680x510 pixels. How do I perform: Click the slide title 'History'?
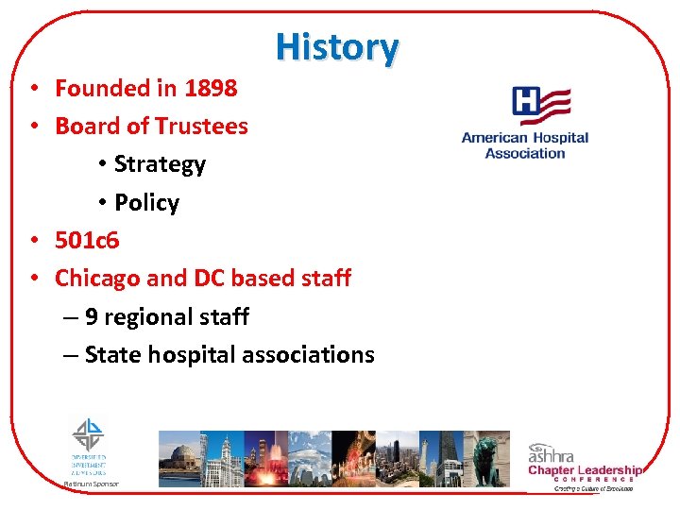pyautogui.click(x=337, y=45)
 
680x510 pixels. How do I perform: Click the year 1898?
pyautogui.click(x=211, y=88)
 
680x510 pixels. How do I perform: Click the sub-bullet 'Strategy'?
pyautogui.click(x=159, y=164)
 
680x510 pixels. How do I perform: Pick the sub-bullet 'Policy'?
pyautogui.click(x=146, y=202)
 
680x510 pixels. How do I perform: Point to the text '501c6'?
pyautogui.click(x=87, y=240)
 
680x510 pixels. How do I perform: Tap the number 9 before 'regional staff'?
pyautogui.click(x=92, y=316)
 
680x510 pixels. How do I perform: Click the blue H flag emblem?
pyautogui.click(x=540, y=105)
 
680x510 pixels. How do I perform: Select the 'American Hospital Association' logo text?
pyautogui.click(x=524, y=144)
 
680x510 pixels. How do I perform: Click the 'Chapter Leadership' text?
pyautogui.click(x=585, y=470)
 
